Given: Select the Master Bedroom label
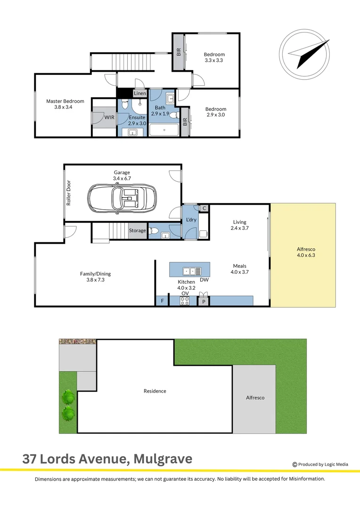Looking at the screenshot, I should click(x=65, y=101).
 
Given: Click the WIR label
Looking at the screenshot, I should click(x=109, y=117).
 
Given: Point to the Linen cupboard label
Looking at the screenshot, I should click(x=140, y=93).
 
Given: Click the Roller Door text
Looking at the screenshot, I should click(x=69, y=193).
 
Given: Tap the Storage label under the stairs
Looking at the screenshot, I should click(x=138, y=230).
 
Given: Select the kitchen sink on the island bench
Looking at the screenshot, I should click(x=192, y=271).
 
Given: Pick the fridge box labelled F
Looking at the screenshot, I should click(x=163, y=301).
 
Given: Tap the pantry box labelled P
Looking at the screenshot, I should click(x=204, y=301).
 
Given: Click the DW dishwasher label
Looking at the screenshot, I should click(x=204, y=280).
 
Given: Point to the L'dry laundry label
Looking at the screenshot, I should click(x=191, y=220).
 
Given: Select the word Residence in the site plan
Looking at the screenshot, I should click(x=155, y=391).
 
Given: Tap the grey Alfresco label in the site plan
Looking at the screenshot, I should click(x=255, y=397).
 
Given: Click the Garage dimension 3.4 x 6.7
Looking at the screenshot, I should click(x=122, y=179).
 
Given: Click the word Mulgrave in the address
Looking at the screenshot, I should click(x=163, y=459).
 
